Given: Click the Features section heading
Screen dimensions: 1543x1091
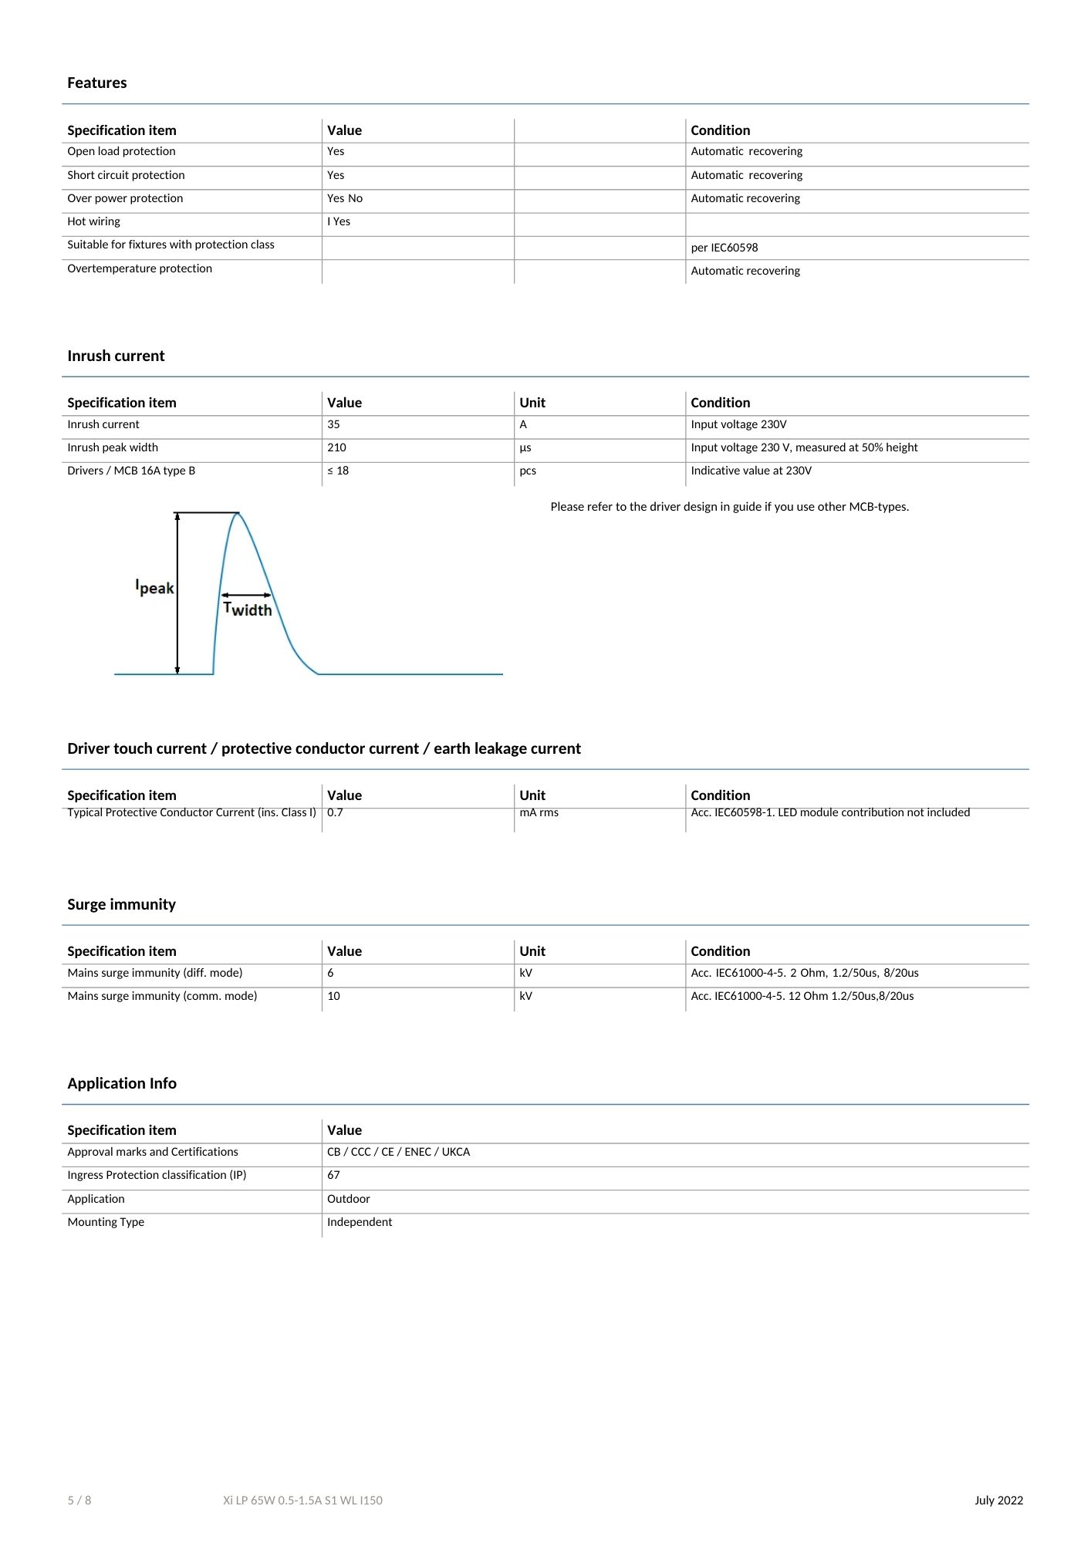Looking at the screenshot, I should pyautogui.click(x=96, y=83).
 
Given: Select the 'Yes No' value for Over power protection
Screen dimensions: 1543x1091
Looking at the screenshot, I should pyautogui.click(x=344, y=198).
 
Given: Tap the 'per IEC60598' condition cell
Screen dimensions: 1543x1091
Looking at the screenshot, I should pyautogui.click(x=724, y=248).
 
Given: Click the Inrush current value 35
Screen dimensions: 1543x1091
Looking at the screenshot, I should pyautogui.click(x=333, y=424).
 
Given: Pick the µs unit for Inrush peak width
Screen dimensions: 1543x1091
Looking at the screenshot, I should pyautogui.click(x=525, y=447).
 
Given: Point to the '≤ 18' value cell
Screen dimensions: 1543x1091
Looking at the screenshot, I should pyautogui.click(x=338, y=471).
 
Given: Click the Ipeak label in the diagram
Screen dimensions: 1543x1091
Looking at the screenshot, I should pyautogui.click(x=154, y=587).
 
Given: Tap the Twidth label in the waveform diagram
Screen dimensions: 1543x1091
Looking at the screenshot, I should pyautogui.click(x=247, y=609).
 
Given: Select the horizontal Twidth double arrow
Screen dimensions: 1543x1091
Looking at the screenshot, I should pyautogui.click(x=246, y=595).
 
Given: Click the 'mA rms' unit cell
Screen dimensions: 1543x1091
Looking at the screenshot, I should pyautogui.click(x=539, y=812).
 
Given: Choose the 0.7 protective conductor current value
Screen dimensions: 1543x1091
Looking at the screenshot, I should pyautogui.click(x=335, y=812).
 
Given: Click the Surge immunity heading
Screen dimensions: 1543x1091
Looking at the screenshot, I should pyautogui.click(x=121, y=904).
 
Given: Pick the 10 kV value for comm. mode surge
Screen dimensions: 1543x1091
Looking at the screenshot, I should pyautogui.click(x=333, y=996).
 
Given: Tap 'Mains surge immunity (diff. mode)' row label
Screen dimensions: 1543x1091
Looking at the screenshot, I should pyautogui.click(x=154, y=973).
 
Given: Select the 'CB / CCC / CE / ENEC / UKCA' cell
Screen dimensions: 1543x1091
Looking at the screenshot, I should pyautogui.click(x=398, y=1152).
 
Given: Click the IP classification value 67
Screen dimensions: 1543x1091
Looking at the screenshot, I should pyautogui.click(x=333, y=1175).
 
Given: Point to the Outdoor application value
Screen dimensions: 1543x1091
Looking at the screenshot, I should pyautogui.click(x=348, y=1199).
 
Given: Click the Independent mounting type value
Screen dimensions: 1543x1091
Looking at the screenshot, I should pyautogui.click(x=359, y=1222).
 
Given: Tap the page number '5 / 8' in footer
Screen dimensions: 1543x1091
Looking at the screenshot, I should pyautogui.click(x=79, y=1501).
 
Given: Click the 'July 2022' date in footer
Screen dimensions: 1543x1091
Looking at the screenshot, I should pyautogui.click(x=998, y=1501).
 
